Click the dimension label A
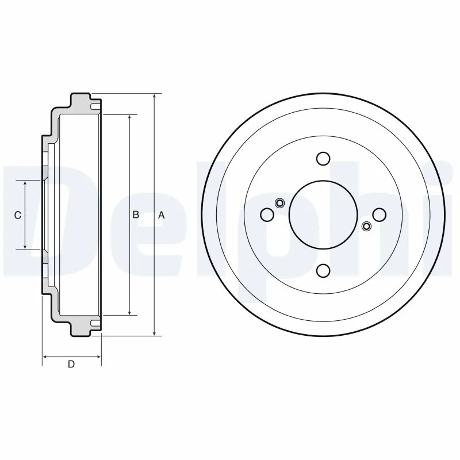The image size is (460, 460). tap(162, 215)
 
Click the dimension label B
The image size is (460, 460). tap(136, 215)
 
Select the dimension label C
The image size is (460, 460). tap(18, 215)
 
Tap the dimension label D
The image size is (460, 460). tap(71, 364)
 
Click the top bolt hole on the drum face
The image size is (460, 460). tap(323, 159)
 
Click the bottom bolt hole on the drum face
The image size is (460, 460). tap(323, 270)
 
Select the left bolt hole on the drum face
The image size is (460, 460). tap(267, 214)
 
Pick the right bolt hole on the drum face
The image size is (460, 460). tap(378, 214)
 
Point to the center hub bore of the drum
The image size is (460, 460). tap(323, 214)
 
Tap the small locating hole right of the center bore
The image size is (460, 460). tap(366, 227)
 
